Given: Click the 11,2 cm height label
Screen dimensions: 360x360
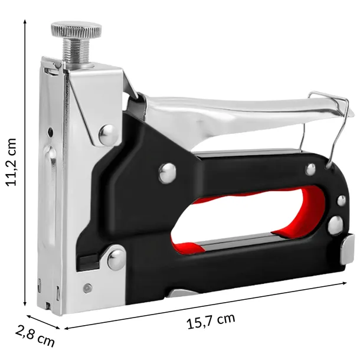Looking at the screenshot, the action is pos(11,162).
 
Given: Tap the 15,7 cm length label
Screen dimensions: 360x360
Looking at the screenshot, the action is pos(211,320).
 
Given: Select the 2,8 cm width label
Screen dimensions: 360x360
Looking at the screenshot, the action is pos(35,338).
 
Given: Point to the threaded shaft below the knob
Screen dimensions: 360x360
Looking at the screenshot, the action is pos(76,50).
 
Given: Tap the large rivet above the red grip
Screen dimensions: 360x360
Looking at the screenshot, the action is pos(168,174).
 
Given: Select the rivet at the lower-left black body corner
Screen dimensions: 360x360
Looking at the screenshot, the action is pos(117,257).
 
